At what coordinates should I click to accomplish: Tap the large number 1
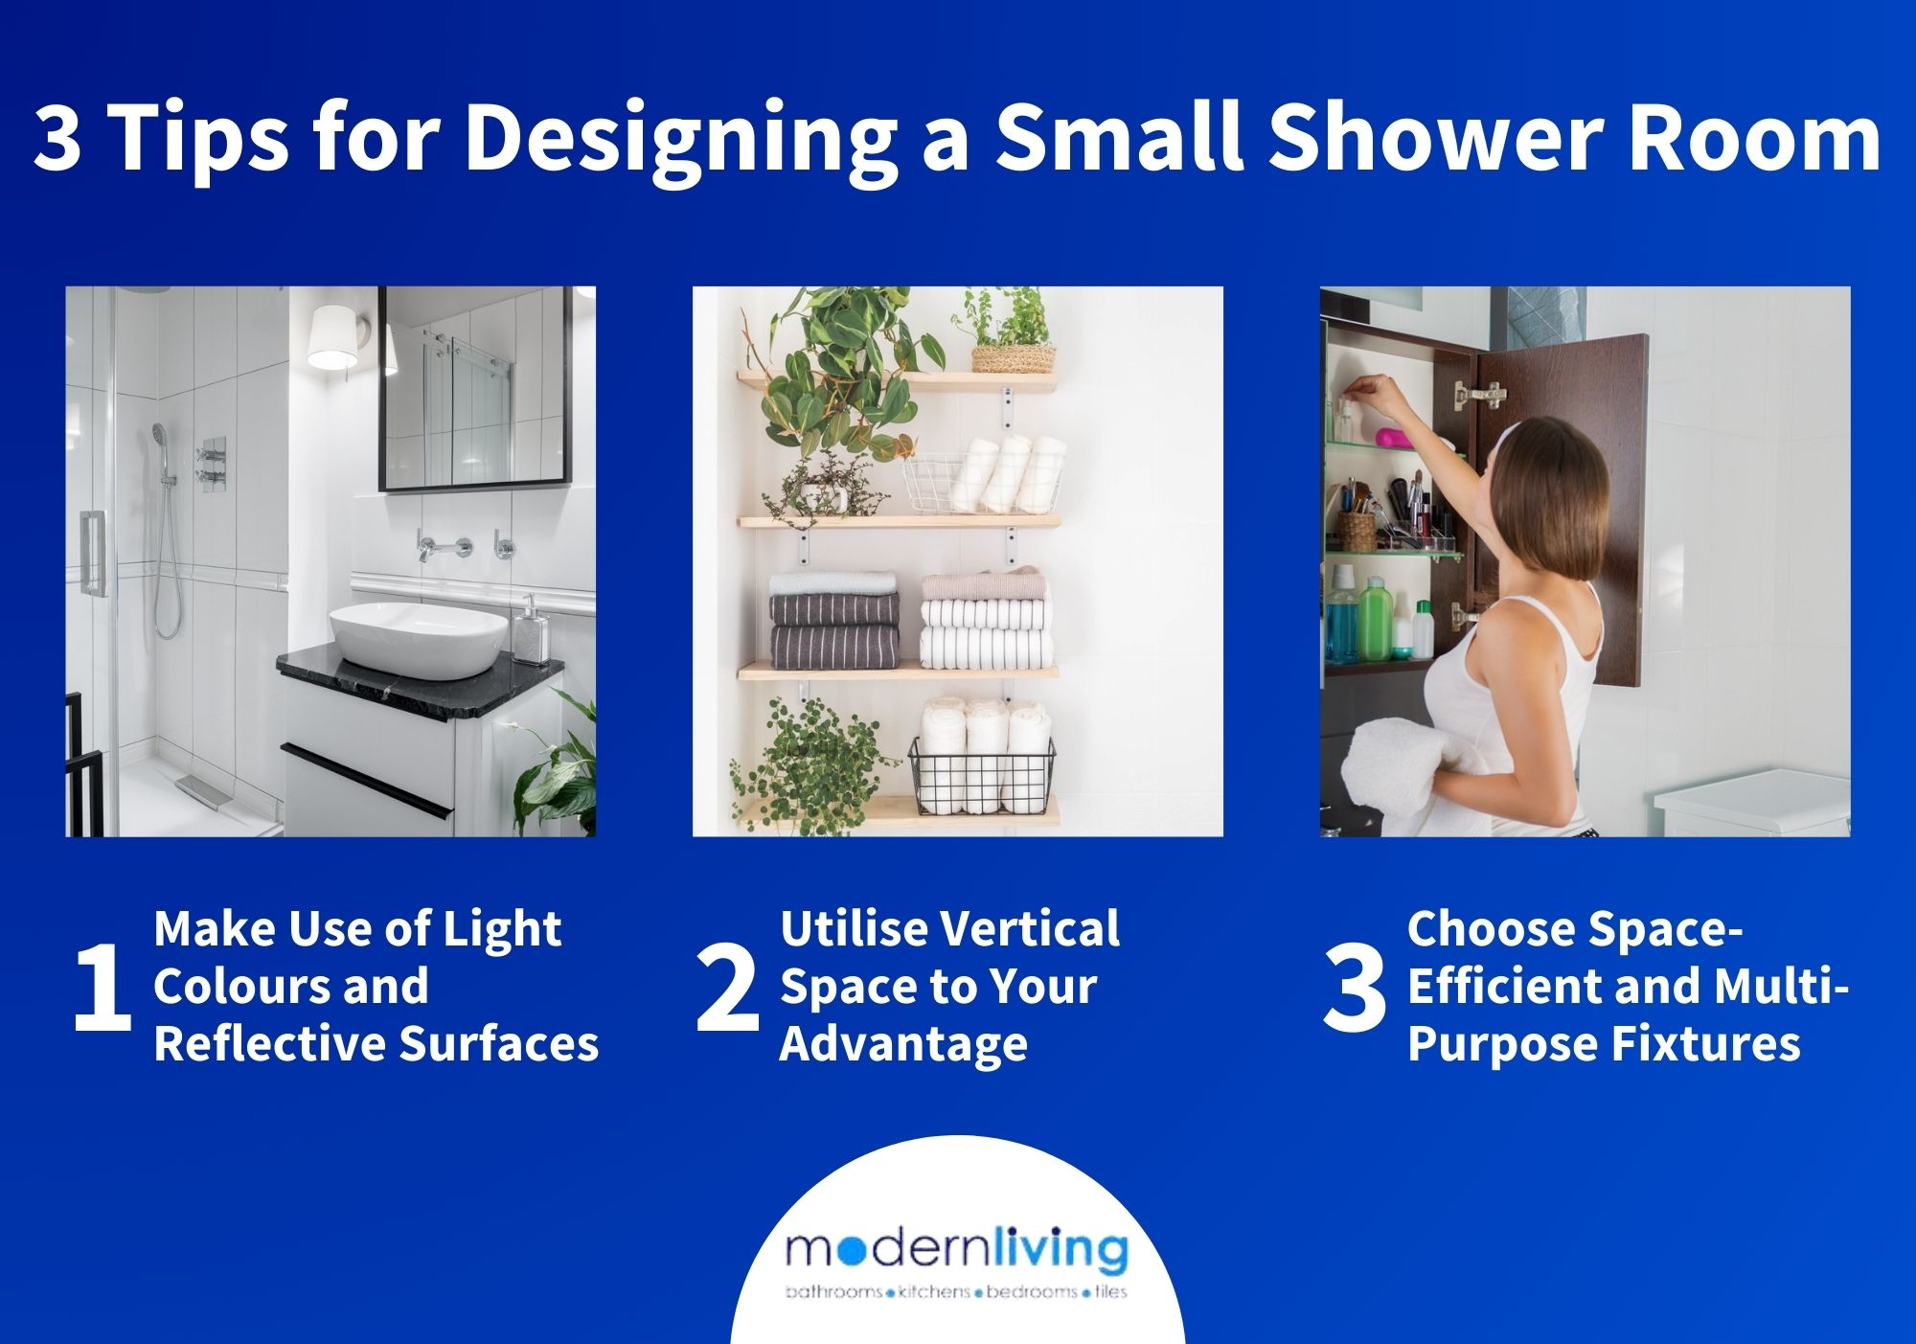pos(101,988)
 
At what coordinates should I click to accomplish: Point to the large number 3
pos(1354,988)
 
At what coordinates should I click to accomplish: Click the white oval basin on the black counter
pos(419,635)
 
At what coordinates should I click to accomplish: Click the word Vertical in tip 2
pos(1029,929)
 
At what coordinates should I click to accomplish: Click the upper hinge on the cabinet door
pos(1476,393)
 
